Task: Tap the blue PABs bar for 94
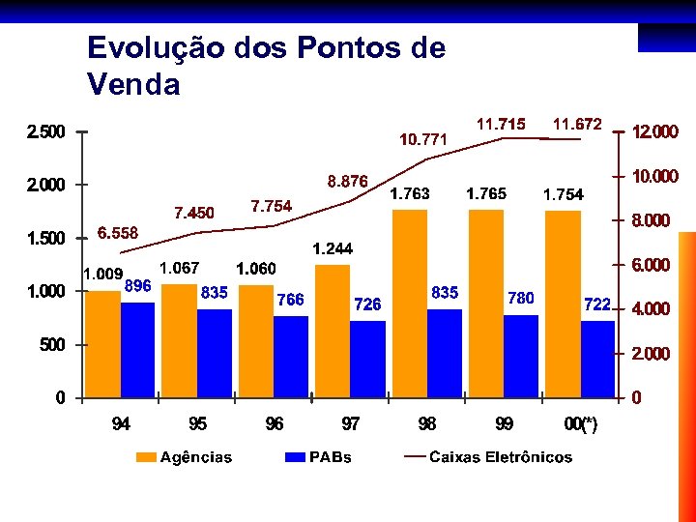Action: click(138, 349)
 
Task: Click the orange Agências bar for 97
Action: click(333, 331)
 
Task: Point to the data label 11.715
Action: click(501, 124)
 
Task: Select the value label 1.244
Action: click(333, 249)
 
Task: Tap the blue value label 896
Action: click(138, 285)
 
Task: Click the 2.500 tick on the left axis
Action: click(45, 131)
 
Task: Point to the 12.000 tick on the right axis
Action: click(654, 131)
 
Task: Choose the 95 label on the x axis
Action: click(197, 423)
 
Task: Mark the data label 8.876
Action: click(347, 181)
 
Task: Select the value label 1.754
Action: click(563, 195)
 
